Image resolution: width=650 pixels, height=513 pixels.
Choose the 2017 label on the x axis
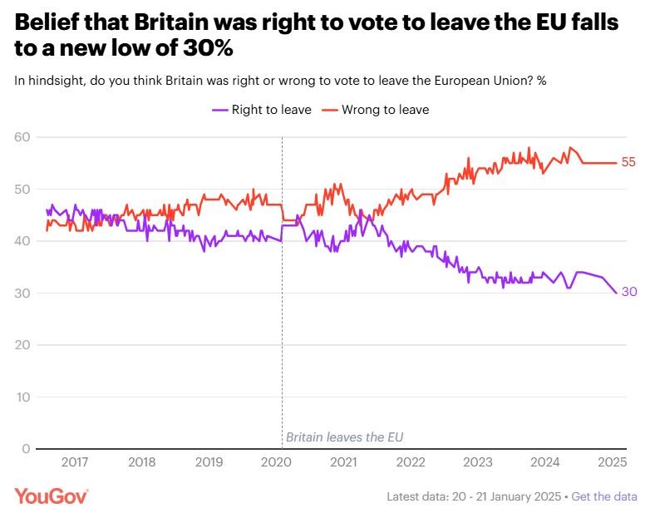click(75, 462)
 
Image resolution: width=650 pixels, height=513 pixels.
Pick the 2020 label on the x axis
click(277, 462)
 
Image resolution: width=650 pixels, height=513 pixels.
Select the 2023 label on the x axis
click(478, 462)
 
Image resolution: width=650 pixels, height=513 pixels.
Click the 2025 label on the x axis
click(613, 462)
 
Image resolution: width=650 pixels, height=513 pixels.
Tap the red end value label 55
click(628, 163)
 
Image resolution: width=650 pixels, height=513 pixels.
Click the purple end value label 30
click(628, 293)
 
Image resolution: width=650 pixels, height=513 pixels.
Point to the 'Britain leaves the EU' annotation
click(344, 437)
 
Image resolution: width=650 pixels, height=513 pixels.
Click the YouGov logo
click(52, 496)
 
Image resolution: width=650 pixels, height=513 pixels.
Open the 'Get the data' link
click(604, 496)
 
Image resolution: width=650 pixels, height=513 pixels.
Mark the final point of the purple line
click(616, 293)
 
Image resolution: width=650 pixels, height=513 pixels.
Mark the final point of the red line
click(616, 163)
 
